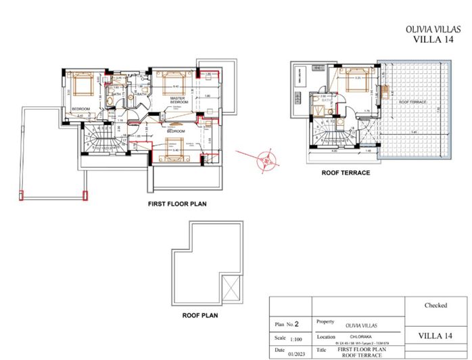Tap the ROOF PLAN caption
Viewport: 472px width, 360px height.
[x=200, y=315]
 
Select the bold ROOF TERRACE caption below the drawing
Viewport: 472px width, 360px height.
[x=346, y=173]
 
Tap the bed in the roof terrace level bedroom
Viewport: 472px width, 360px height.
[x=352, y=81]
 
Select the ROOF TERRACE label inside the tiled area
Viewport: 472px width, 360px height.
[x=412, y=102]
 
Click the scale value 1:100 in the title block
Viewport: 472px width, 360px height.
[x=296, y=338]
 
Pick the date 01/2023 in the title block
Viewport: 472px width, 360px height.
[x=295, y=353]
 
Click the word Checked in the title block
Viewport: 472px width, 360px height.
[x=435, y=305]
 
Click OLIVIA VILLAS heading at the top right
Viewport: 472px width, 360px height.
[x=432, y=30]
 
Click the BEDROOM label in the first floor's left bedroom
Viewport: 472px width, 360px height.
[x=81, y=108]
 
